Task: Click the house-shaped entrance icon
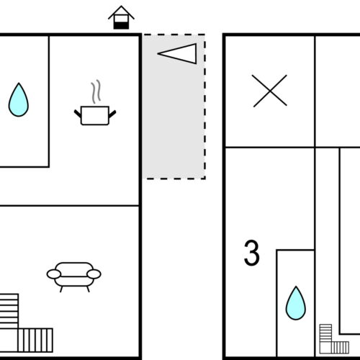121,18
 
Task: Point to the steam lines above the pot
96,91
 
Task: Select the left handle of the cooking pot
78,114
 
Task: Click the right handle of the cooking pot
112,114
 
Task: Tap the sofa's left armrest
54,274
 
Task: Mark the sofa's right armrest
94,274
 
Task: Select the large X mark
270,91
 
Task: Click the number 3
252,253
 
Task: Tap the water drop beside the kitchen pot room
19,99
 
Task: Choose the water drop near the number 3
296,303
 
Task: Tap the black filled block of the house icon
121,25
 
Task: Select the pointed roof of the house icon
121,12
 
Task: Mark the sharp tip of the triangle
158,54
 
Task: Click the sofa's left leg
61,289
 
